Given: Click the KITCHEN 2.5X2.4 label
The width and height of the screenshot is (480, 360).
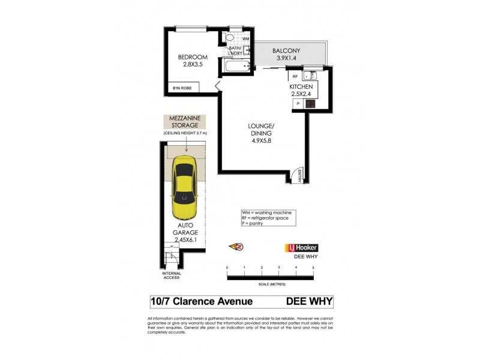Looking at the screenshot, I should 301,90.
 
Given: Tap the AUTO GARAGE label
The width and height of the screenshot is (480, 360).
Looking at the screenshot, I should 186,231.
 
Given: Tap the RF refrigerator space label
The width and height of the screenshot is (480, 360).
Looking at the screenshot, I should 295,76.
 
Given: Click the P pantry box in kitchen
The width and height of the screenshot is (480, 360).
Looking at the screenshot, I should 296,104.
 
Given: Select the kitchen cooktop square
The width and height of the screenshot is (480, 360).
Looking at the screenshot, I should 310,104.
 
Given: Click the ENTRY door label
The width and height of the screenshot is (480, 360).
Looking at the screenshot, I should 299,175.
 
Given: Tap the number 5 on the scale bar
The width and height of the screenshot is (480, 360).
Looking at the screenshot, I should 313,267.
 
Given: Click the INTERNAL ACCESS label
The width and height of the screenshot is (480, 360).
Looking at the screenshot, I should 172,275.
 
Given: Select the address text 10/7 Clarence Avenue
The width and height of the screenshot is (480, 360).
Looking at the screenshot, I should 201,301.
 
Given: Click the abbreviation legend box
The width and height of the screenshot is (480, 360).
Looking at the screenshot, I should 265,218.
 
